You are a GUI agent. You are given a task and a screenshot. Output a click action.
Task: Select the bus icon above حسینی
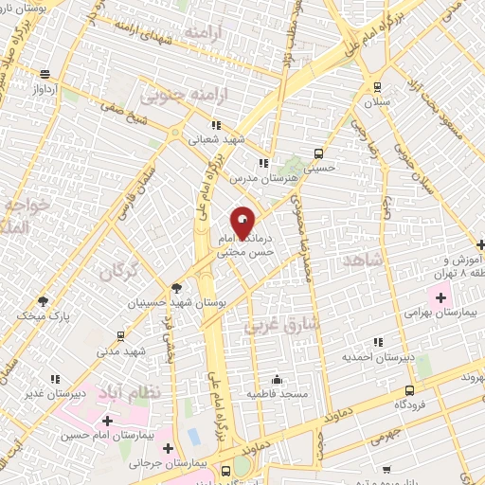(x=319, y=153)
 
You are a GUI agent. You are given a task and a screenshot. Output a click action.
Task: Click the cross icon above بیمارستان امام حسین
(x=107, y=420)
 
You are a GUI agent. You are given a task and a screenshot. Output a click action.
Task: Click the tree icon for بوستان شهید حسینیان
(x=176, y=287)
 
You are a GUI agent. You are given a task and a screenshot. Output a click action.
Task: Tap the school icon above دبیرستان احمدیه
(x=378, y=343)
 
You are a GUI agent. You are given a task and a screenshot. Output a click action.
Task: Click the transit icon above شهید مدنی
(x=120, y=336)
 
